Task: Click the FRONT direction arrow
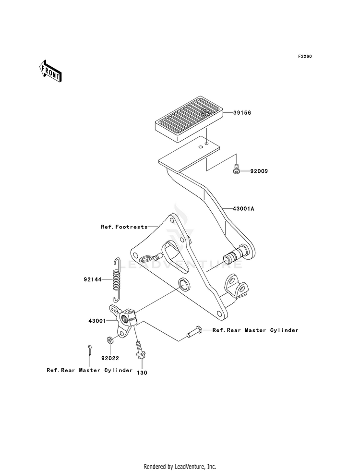50,71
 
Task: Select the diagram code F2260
305,57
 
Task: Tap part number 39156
242,113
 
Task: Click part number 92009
259,171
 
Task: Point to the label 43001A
242,208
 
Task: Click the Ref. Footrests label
124,227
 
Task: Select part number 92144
93,279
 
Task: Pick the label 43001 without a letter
97,321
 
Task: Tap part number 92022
110,358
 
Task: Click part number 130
142,373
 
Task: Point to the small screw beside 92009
237,169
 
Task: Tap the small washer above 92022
110,340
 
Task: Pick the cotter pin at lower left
90,350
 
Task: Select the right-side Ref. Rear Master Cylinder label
255,330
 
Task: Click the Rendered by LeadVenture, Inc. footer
180,467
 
